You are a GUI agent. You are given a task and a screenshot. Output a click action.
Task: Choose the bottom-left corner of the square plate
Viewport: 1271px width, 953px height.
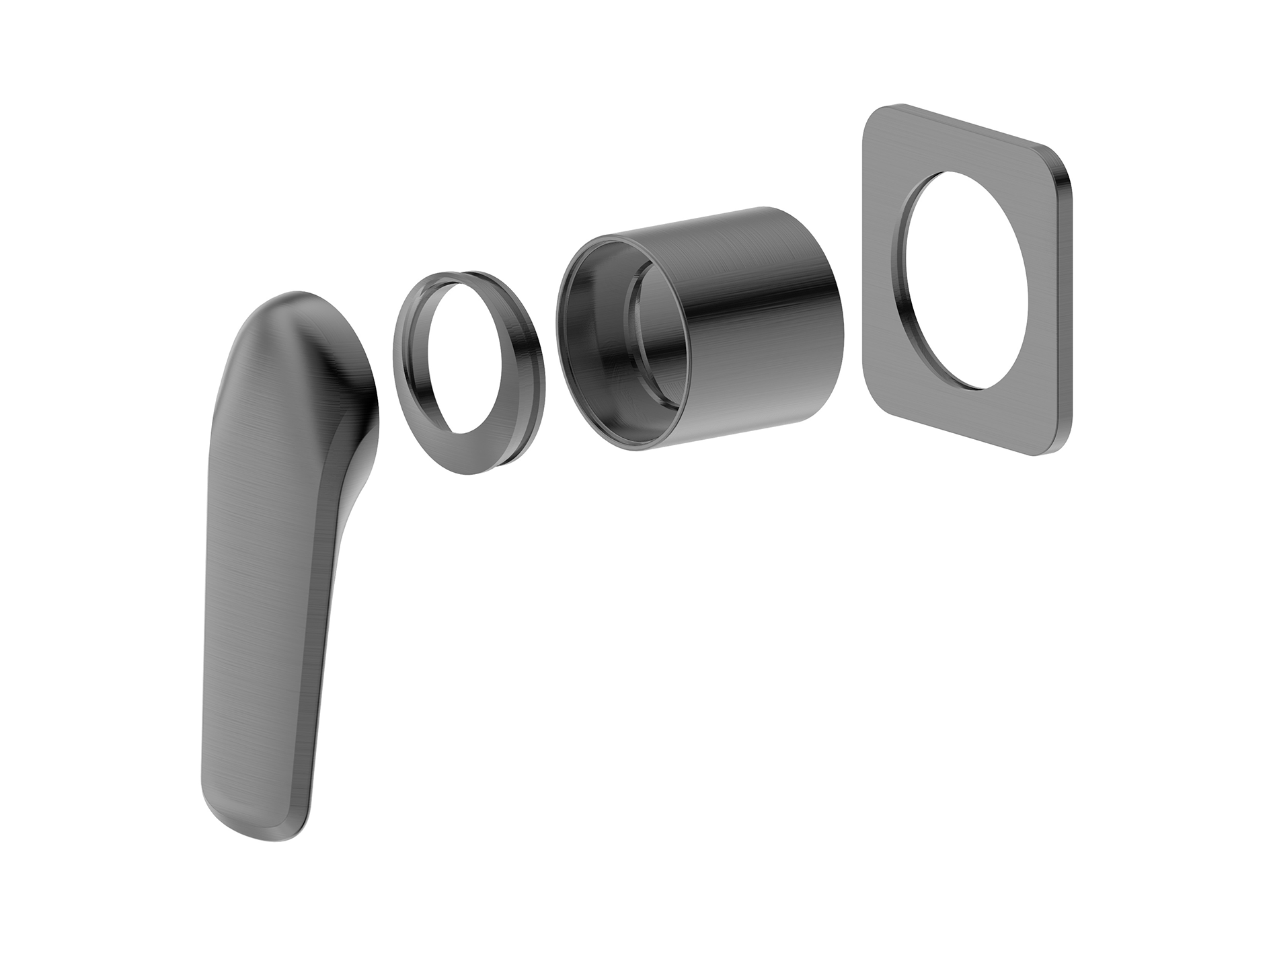point(874,410)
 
